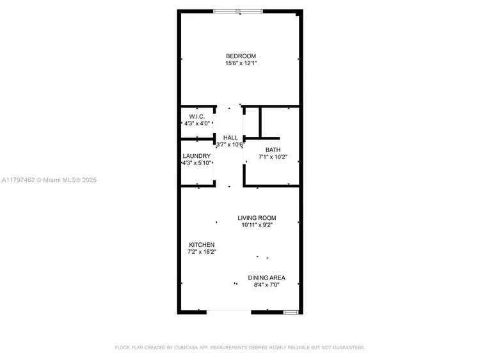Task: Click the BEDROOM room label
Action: pyautogui.click(x=241, y=56)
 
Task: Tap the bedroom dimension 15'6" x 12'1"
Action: pyautogui.click(x=241, y=63)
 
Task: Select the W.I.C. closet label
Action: pyautogui.click(x=197, y=116)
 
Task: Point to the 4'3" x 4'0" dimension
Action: pyautogui.click(x=197, y=123)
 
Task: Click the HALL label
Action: pyautogui.click(x=230, y=137)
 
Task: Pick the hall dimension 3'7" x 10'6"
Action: pyautogui.click(x=230, y=145)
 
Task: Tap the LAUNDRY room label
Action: pyautogui.click(x=196, y=156)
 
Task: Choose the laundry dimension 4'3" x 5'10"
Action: pyautogui.click(x=197, y=163)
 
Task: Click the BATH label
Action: pyautogui.click(x=273, y=150)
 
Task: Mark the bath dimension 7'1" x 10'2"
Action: pyautogui.click(x=273, y=157)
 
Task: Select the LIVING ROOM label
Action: pyautogui.click(x=257, y=218)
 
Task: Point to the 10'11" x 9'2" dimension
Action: pyautogui.click(x=257, y=225)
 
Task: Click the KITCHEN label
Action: pyautogui.click(x=202, y=245)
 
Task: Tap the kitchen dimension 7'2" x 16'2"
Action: pyautogui.click(x=202, y=252)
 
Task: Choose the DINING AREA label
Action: pyautogui.click(x=267, y=278)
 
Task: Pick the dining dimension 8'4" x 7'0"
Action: pyautogui.click(x=267, y=285)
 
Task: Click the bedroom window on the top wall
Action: pyautogui.click(x=238, y=12)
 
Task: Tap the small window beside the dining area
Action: pyautogui.click(x=291, y=312)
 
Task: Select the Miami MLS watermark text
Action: pyautogui.click(x=49, y=180)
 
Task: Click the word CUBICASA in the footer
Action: pyautogui.click(x=186, y=347)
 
